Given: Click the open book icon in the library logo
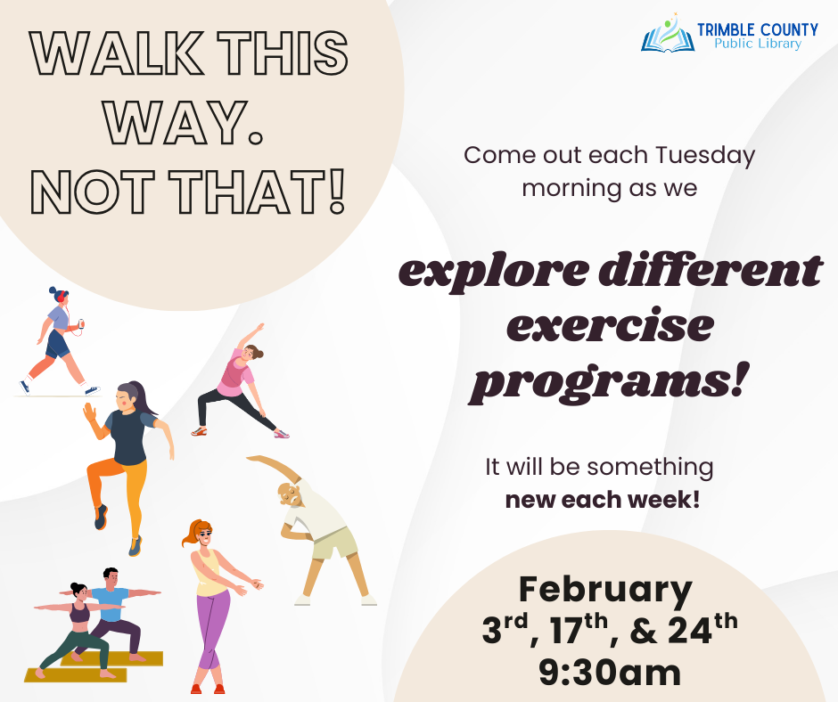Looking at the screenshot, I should (668, 37).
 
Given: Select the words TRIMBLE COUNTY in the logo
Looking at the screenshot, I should (757, 30).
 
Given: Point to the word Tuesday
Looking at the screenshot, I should (705, 155).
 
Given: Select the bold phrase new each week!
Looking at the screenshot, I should (603, 500).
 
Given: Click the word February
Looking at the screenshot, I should (605, 590).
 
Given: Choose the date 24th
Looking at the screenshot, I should (701, 631).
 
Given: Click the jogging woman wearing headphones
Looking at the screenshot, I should (58, 339).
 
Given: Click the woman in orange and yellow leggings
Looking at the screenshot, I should (123, 459).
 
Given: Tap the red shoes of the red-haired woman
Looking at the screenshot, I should (207, 688).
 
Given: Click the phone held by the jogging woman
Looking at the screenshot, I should (81, 324).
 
